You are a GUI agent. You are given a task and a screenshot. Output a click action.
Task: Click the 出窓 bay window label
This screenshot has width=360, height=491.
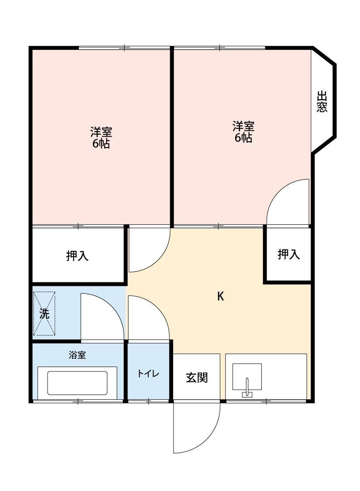coord(322,102)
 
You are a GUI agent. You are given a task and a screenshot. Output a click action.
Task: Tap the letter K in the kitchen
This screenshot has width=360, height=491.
coord(221,296)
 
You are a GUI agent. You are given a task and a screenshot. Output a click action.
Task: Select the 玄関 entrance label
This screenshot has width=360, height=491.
coord(196,377)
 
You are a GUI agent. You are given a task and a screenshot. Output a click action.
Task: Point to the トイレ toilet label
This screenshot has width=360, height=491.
coord(148,374)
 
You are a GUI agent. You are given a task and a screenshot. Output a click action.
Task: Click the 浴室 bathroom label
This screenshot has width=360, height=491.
coord(77,355)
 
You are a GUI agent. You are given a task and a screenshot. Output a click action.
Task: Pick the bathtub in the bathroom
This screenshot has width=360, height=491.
coord(77,383)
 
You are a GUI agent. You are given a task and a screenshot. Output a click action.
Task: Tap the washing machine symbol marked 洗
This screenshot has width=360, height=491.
coord(44,313)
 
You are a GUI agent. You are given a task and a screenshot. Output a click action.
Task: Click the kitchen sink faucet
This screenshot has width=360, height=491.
coord(247,388)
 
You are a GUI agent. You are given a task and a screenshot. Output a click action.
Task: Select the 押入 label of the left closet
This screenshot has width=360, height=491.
coord(77,256)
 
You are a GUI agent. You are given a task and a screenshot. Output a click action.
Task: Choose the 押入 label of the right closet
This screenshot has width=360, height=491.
coord(288,254)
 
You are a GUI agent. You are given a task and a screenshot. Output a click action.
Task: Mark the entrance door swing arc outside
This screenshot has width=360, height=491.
coord(196,428)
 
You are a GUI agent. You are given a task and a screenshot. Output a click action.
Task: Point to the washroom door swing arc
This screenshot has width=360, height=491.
coord(101,316)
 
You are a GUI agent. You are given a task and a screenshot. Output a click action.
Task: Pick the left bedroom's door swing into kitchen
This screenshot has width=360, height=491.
coord(147,249)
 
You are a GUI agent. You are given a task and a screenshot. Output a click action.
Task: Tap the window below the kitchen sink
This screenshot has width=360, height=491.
coord(266,400)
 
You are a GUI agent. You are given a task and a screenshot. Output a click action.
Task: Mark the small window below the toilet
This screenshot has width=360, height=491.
coord(148,400)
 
